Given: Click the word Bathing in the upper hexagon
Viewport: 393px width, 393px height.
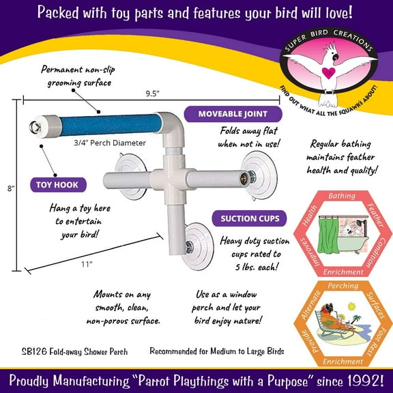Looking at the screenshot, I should pyautogui.click(x=341, y=196).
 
